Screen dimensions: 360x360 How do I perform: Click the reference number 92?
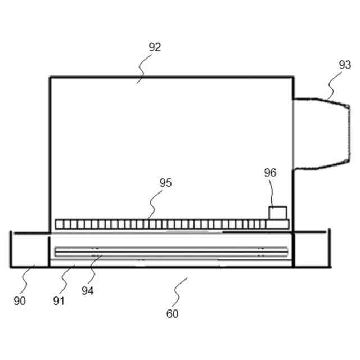pyautogui.click(x=155, y=47)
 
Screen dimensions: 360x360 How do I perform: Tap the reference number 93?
pyautogui.click(x=345, y=65)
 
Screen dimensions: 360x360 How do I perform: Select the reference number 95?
pyautogui.click(x=165, y=183)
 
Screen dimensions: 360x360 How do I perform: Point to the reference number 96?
pyautogui.click(x=271, y=173)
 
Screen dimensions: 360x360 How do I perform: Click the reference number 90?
pyautogui.click(x=20, y=300)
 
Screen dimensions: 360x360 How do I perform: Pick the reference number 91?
pyautogui.click(x=59, y=300)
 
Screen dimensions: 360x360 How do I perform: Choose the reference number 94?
pyautogui.click(x=87, y=291)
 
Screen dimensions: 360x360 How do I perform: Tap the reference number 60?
pyautogui.click(x=172, y=314)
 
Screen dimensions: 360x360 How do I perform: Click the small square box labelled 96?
pyautogui.click(x=277, y=213)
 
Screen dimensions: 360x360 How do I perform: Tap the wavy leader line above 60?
pyautogui.click(x=181, y=290)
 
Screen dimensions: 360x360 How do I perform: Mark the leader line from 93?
pyautogui.click(x=332, y=87)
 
